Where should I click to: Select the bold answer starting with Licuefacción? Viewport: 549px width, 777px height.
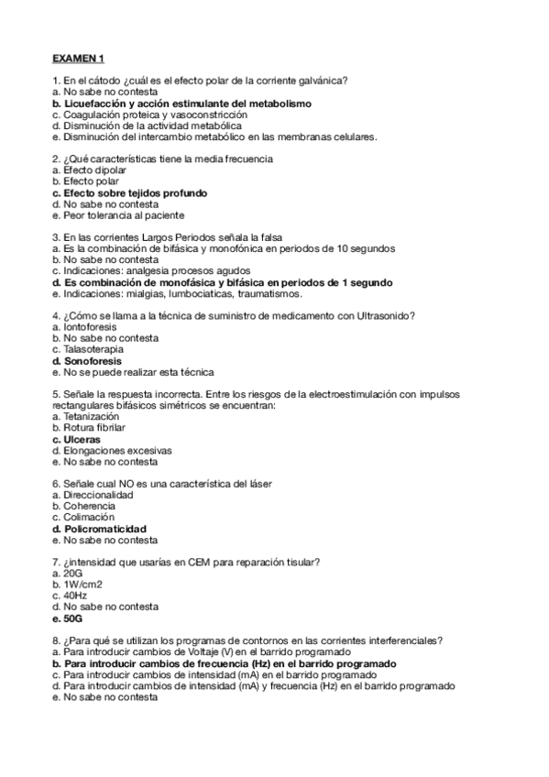point(182,104)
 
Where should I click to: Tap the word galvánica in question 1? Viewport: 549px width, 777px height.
point(329,81)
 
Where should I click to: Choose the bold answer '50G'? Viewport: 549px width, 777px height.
point(68,618)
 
